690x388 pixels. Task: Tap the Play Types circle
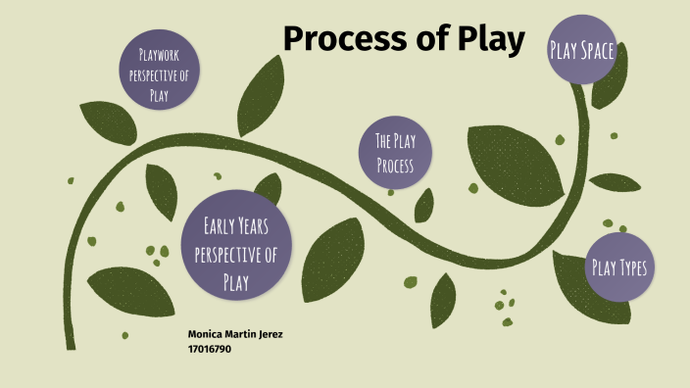pos(619,267)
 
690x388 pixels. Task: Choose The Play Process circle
pos(396,153)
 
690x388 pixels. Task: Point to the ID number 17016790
pos(210,348)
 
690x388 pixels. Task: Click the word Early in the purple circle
pos(219,227)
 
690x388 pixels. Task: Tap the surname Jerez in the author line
pos(269,334)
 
